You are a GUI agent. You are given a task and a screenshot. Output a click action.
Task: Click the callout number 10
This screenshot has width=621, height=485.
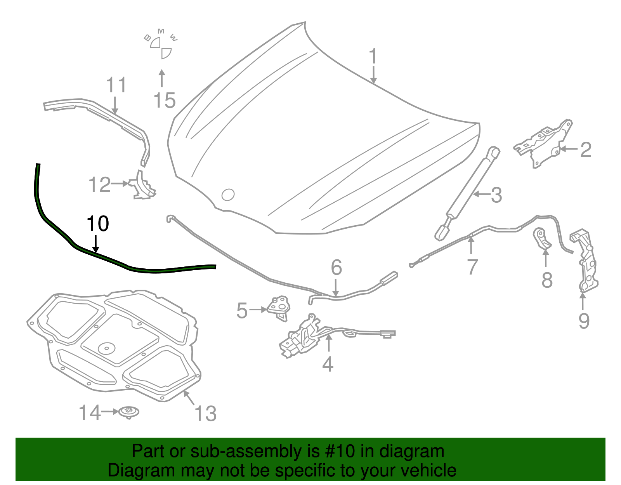coord(98,224)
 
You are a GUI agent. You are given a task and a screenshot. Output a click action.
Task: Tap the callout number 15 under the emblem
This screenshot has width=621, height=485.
coord(165,101)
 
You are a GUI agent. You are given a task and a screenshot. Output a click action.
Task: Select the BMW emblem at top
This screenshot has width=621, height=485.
coord(161,45)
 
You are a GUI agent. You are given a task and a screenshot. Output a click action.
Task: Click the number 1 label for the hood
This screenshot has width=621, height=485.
coord(373,57)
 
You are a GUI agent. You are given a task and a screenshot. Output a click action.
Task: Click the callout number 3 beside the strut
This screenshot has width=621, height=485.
coord(496,195)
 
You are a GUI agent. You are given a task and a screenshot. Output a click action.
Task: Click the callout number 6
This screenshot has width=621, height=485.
coord(337,268)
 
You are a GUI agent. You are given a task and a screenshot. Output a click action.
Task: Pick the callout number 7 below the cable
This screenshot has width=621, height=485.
coord(472,267)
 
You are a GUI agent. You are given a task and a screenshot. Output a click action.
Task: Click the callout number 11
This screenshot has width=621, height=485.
coord(116,85)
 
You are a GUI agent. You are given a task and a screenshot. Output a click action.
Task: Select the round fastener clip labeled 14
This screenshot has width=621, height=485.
coord(129,412)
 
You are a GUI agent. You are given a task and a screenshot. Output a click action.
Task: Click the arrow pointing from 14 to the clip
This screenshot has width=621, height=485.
coord(110,412)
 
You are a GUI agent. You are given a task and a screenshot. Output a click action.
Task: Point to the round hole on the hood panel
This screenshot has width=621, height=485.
coord(228,195)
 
